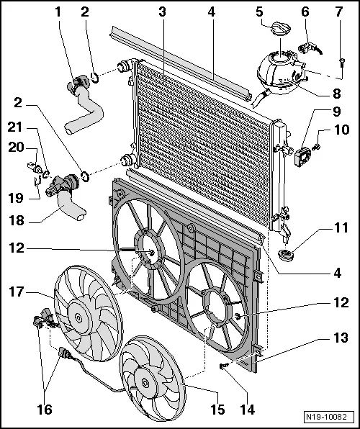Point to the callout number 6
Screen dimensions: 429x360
click(x=305, y=12)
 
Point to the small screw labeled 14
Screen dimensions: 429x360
click(x=225, y=368)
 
